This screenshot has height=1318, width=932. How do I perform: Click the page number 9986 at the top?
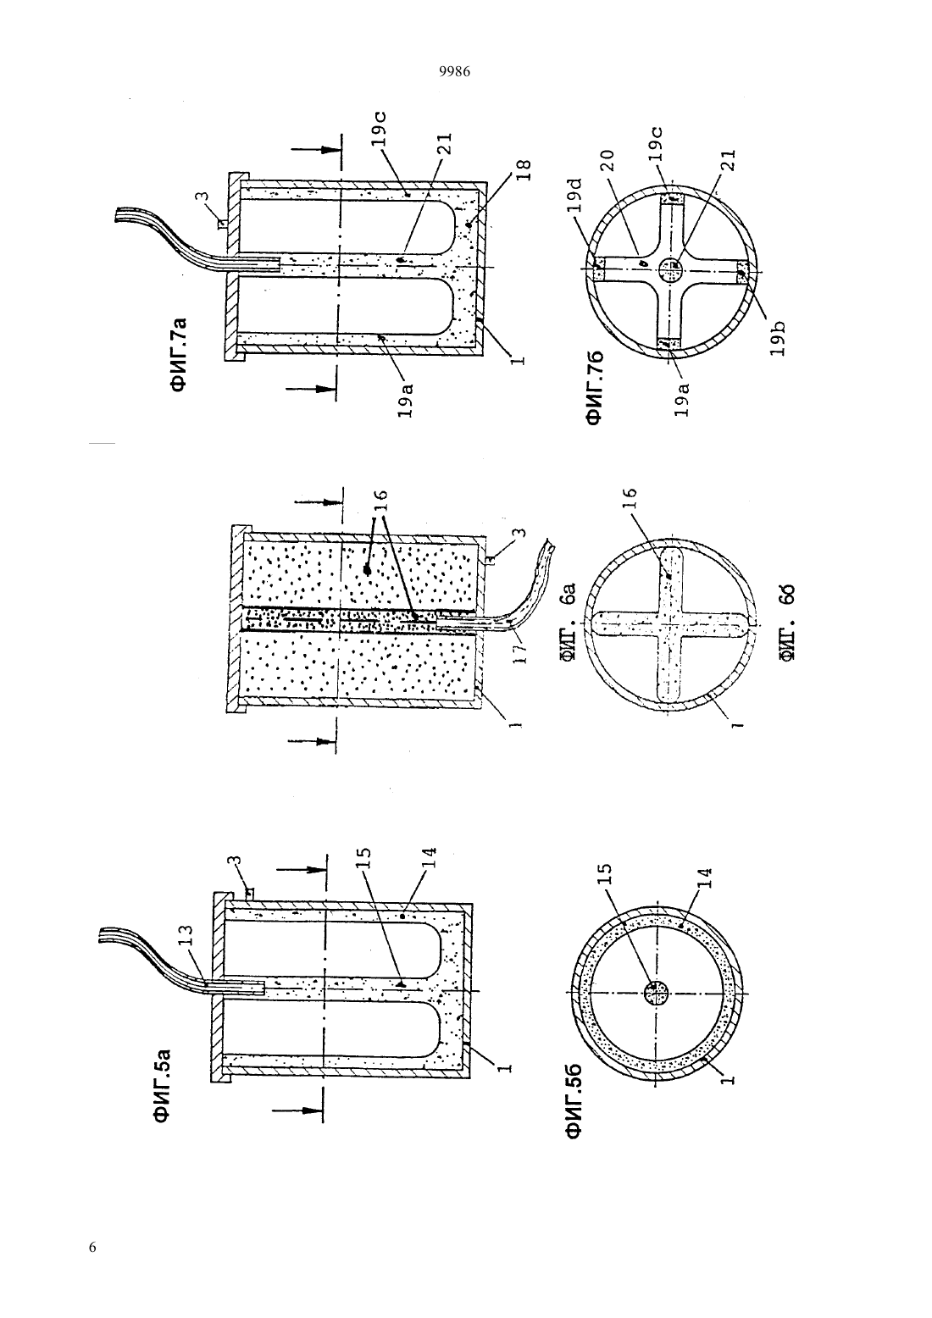455,72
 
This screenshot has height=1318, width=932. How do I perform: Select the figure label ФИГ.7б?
595,389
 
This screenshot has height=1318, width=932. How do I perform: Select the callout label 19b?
777,338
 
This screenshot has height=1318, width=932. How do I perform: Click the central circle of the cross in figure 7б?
671,270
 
